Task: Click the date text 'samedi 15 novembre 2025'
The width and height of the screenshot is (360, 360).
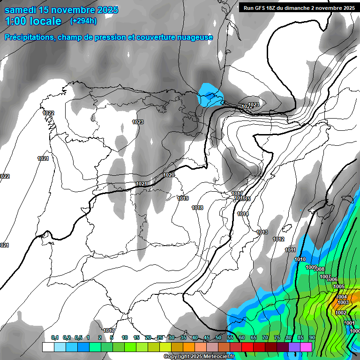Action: (61, 10)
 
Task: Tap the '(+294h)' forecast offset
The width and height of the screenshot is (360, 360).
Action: (83, 21)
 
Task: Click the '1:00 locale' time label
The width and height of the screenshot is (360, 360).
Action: (33, 21)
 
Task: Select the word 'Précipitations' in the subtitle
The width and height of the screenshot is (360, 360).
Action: (28, 37)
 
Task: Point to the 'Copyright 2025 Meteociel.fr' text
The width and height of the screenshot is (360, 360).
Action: (199, 356)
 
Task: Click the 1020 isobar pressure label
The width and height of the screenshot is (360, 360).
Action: (169, 175)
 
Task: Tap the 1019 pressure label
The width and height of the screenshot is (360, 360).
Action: (183, 198)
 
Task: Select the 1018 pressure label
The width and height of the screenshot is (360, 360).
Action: (197, 208)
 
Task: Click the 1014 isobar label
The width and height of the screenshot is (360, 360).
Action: (243, 214)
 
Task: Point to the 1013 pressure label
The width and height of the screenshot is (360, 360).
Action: (262, 232)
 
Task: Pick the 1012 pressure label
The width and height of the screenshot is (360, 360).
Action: (278, 239)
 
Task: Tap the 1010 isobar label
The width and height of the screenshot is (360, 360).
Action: (300, 259)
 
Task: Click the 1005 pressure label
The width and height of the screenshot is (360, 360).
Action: (339, 286)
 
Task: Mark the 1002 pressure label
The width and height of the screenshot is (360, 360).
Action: (341, 313)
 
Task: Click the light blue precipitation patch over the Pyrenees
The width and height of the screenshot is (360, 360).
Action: (208, 95)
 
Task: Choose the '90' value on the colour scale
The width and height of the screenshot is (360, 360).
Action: (312, 337)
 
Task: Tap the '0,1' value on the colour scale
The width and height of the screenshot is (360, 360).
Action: (54, 337)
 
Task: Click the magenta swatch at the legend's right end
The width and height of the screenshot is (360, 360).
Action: (306, 347)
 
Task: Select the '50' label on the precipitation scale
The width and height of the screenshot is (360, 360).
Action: (218, 337)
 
